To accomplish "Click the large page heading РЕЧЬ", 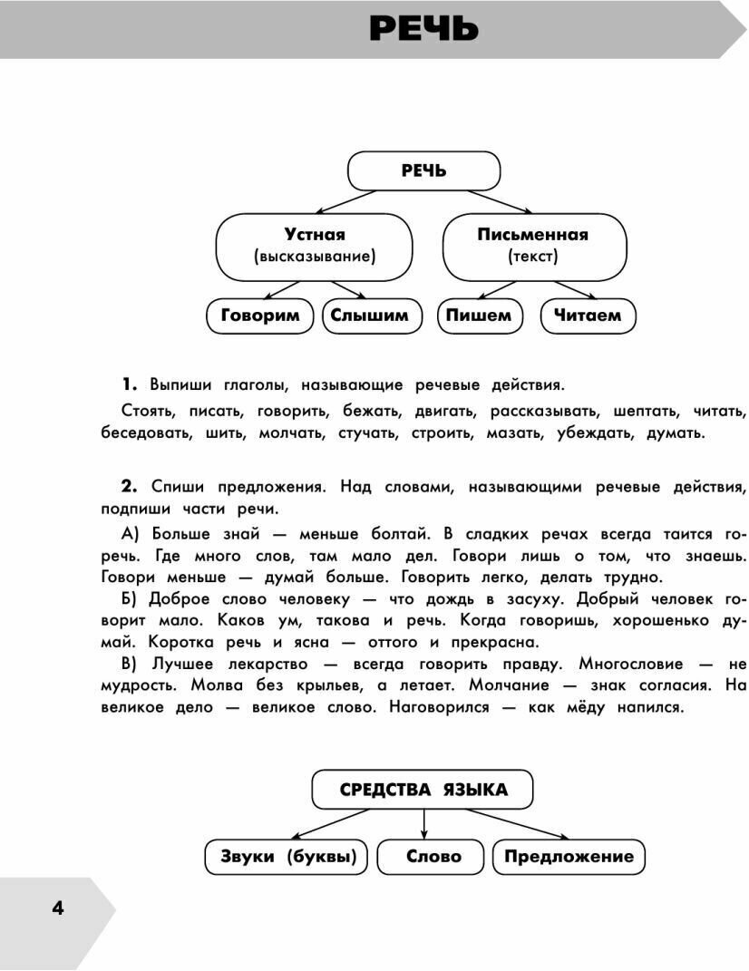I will pyautogui.click(x=423, y=29).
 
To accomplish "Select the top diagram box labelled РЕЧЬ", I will pyautogui.click(x=423, y=170).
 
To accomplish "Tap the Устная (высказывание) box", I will pyautogui.click(x=314, y=246).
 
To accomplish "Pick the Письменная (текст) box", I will pyautogui.click(x=533, y=246).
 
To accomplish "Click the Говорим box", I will pyautogui.click(x=259, y=316).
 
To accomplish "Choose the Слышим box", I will pyautogui.click(x=369, y=316).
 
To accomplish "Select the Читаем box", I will pyautogui.click(x=588, y=316).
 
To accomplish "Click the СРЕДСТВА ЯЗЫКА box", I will pyautogui.click(x=423, y=790).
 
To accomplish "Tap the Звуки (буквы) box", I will pyautogui.click(x=287, y=857).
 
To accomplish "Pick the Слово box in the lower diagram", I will pyautogui.click(x=433, y=857).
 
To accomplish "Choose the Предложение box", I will pyautogui.click(x=569, y=857).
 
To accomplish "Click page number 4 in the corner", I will pyautogui.click(x=58, y=908).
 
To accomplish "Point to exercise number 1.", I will pyautogui.click(x=129, y=384).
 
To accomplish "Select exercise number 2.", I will pyautogui.click(x=129, y=487).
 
